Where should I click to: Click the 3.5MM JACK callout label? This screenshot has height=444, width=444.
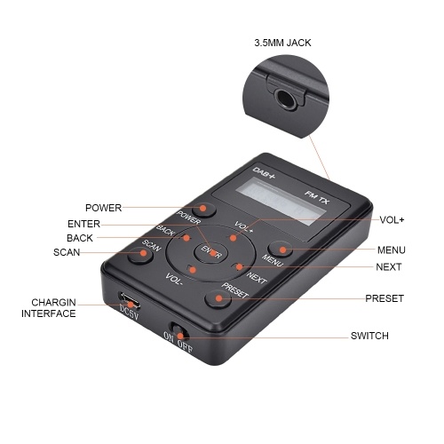point(282,43)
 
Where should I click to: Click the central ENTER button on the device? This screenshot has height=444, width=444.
point(210,252)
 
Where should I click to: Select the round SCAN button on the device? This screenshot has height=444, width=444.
point(140,253)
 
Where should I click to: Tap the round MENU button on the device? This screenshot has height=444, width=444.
point(281,249)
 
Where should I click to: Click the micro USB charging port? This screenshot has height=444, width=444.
point(129,300)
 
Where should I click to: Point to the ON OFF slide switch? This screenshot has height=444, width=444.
point(178,331)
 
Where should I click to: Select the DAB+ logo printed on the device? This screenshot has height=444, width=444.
point(264,172)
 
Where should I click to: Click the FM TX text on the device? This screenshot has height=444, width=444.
point(317,197)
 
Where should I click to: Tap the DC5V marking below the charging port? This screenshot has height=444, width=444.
point(129,313)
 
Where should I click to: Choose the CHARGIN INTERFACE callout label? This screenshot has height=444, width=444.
point(49,308)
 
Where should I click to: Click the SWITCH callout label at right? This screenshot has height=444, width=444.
point(369,336)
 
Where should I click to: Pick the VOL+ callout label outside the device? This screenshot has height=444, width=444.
point(392,220)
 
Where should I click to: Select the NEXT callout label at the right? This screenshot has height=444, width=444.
point(388,267)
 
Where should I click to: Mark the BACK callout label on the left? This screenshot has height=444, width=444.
point(80,238)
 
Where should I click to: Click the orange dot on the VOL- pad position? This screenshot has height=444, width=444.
point(193,270)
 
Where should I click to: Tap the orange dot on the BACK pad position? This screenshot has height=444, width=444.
point(186,238)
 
